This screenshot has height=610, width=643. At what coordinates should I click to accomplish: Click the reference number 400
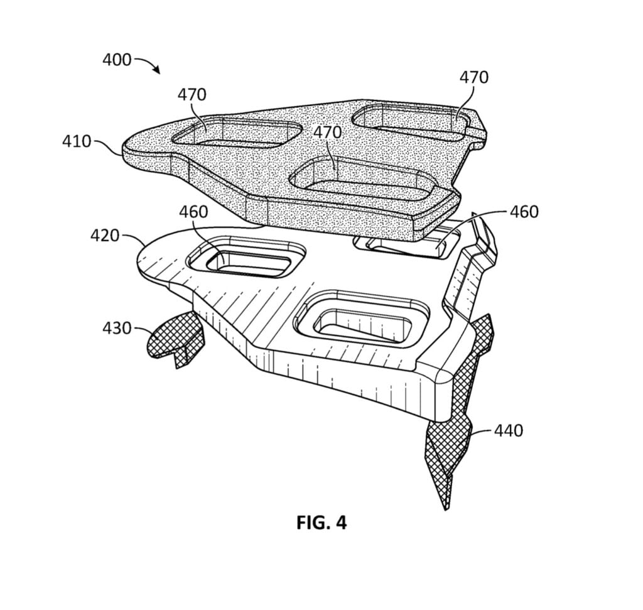coord(117,60)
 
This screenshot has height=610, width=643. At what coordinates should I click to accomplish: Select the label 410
coord(77,141)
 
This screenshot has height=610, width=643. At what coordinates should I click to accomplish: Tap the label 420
coord(105,236)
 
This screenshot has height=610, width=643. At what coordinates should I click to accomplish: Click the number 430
coord(117,328)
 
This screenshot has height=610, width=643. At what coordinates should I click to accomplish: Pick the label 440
coord(509,430)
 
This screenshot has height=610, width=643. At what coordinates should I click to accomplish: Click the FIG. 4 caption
coord(321,523)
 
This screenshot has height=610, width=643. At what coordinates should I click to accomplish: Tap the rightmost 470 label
coord(473,77)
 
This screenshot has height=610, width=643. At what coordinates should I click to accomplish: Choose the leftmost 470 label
coord(192,95)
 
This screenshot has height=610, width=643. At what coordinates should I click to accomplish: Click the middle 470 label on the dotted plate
coord(327,133)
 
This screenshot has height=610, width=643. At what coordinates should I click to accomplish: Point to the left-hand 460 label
coord(193,212)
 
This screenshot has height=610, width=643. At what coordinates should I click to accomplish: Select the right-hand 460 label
coord(524,212)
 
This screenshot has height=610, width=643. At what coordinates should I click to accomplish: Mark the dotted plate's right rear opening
coord(411,121)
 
